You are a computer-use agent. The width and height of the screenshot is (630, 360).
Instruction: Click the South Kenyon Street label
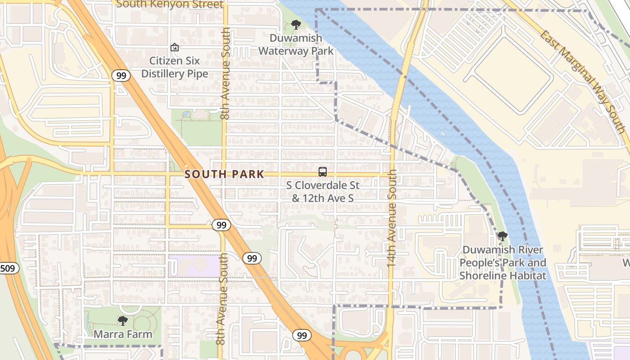(170, 4)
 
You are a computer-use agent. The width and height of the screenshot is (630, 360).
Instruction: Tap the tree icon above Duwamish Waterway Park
(296, 25)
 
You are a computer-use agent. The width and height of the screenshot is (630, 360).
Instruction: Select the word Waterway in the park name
(296, 51)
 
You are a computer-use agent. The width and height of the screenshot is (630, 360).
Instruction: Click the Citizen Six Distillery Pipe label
(175, 67)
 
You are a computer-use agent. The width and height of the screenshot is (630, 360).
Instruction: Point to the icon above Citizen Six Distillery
(174, 47)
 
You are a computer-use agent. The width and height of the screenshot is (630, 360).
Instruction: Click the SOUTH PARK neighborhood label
(224, 174)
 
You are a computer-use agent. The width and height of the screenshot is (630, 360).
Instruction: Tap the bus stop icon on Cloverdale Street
(323, 171)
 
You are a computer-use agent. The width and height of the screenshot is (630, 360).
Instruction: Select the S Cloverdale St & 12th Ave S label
(323, 191)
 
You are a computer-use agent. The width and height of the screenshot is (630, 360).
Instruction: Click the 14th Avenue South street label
(392, 218)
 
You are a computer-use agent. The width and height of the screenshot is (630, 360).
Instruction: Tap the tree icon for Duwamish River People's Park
(502, 236)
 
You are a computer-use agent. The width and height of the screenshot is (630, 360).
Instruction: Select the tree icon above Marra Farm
(122, 320)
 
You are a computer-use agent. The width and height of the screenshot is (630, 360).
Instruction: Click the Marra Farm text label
(122, 334)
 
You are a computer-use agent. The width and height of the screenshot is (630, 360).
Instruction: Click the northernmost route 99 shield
(121, 76)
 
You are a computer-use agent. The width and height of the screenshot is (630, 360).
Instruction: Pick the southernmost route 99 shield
(301, 335)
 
